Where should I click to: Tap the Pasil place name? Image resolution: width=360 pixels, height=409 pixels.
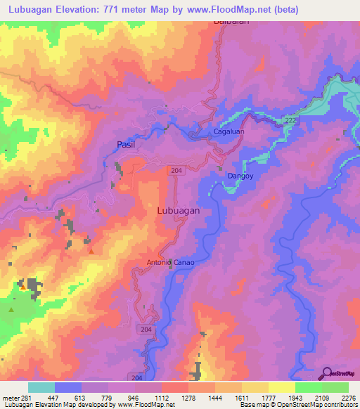[x=125, y=145]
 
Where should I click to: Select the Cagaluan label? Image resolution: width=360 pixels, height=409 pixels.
[x=229, y=132]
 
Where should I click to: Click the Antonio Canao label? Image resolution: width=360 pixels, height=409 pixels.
[x=170, y=263]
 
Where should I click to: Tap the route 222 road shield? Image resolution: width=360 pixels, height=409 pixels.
[x=290, y=122]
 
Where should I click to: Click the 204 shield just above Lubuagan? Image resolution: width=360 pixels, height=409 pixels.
[x=176, y=170]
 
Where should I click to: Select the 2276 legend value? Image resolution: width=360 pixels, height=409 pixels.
[x=349, y=397]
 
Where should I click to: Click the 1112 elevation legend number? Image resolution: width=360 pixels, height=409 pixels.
[x=162, y=397]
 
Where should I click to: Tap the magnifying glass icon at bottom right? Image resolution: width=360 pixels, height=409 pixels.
[x=327, y=372]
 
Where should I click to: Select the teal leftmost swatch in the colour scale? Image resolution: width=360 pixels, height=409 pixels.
[x=41, y=387]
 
